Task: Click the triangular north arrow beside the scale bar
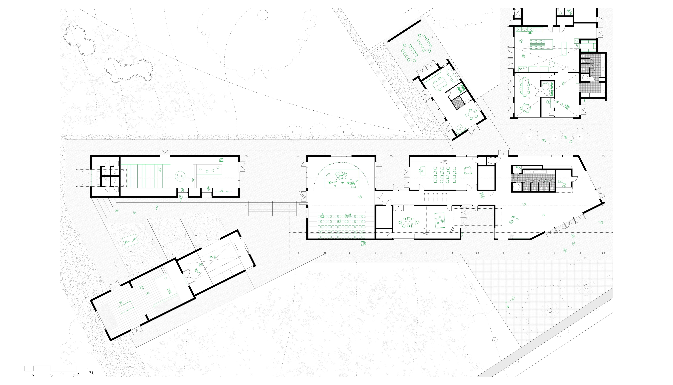tap(91, 372)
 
